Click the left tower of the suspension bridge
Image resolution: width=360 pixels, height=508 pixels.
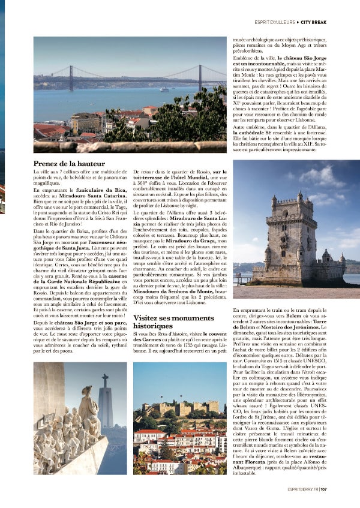(x=71, y=78)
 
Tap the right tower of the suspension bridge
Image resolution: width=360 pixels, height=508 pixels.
(x=200, y=77)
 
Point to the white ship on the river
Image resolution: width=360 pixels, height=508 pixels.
(x=164, y=89)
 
